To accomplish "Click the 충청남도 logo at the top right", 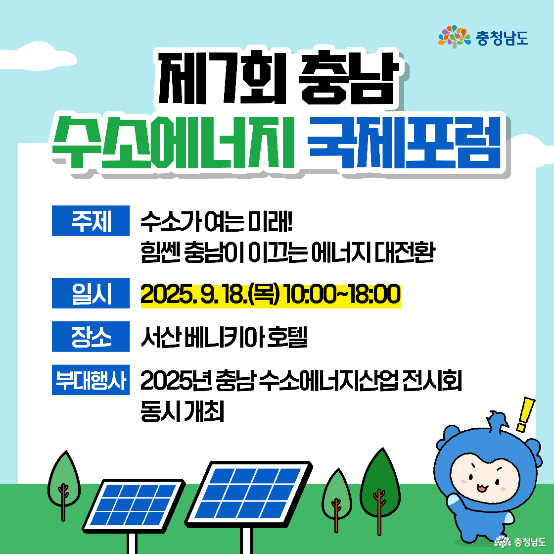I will pyautogui.click(x=483, y=37).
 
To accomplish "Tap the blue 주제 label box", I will pyautogui.click(x=91, y=220).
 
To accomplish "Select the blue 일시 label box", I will pyautogui.click(x=91, y=294).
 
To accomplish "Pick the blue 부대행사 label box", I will pyautogui.click(x=91, y=380).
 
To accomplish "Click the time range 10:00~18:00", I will pyautogui.click(x=342, y=295).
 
